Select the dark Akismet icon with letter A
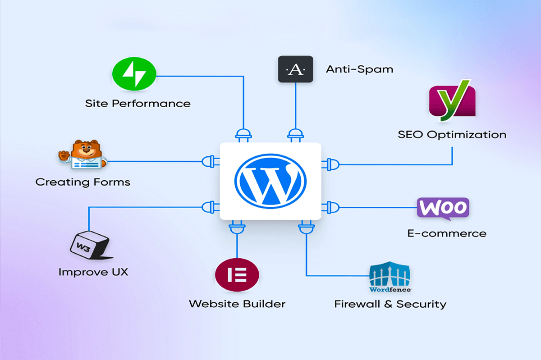pyautogui.click(x=295, y=69)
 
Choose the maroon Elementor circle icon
pyautogui.click(x=237, y=275)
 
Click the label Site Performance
pyautogui.click(x=138, y=104)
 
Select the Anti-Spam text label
pyautogui.click(x=359, y=69)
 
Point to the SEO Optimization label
pyautogui.click(x=452, y=134)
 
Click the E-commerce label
pyautogui.click(x=446, y=233)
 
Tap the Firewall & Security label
pyautogui.click(x=390, y=304)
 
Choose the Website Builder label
pyautogui.click(x=237, y=304)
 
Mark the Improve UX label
pyautogui.click(x=93, y=272)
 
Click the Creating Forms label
pyautogui.click(x=83, y=182)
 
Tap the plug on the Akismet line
pyautogui.click(x=295, y=135)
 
